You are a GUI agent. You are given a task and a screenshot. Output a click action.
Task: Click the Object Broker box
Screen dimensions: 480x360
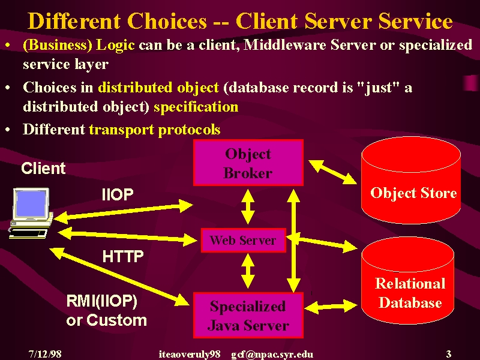[x=248, y=163]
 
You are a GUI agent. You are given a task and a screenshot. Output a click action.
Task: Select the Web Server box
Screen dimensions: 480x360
[x=244, y=241]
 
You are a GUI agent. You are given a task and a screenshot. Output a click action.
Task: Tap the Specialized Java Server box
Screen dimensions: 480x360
[x=248, y=316]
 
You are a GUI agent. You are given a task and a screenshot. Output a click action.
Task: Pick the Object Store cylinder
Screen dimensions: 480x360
[x=411, y=181]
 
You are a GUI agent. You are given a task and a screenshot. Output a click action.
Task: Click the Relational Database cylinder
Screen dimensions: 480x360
[x=407, y=281]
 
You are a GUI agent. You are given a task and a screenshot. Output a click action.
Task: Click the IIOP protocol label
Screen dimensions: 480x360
[x=118, y=194]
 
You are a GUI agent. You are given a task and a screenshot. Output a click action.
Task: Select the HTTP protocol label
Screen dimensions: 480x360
[x=123, y=256]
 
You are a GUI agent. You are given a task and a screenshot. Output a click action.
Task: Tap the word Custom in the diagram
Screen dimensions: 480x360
[x=116, y=320]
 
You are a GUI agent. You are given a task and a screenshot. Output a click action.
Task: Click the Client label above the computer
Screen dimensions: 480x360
[x=43, y=168]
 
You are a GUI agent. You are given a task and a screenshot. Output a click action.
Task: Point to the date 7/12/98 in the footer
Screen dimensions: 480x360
[x=45, y=354]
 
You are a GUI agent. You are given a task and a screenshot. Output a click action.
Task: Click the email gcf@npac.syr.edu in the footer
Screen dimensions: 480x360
[x=272, y=354]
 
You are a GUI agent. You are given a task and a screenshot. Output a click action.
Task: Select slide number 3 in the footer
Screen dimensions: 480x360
[x=448, y=354]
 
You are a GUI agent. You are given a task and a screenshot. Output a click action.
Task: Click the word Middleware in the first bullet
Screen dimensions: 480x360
[x=285, y=45]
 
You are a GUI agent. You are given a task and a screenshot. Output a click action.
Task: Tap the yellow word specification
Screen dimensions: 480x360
[x=196, y=107]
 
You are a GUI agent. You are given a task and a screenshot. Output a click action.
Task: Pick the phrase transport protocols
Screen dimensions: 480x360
[x=155, y=130]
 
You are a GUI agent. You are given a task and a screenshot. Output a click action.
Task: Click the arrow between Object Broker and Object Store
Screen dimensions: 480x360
[x=333, y=172]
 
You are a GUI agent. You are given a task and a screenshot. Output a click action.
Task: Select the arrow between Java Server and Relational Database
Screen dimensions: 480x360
[x=331, y=307]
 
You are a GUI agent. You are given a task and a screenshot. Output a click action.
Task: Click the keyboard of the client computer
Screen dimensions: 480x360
[x=28, y=233]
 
